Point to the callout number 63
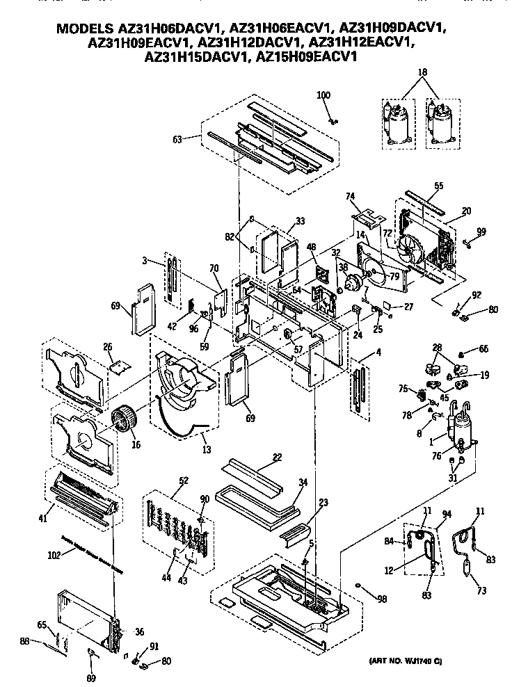pyautogui.click(x=177, y=139)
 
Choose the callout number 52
pyautogui.click(x=164, y=481)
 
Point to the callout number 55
pyautogui.click(x=438, y=186)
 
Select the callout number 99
pyautogui.click(x=481, y=231)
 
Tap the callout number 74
pyautogui.click(x=351, y=197)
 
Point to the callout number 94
pyautogui.click(x=446, y=514)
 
